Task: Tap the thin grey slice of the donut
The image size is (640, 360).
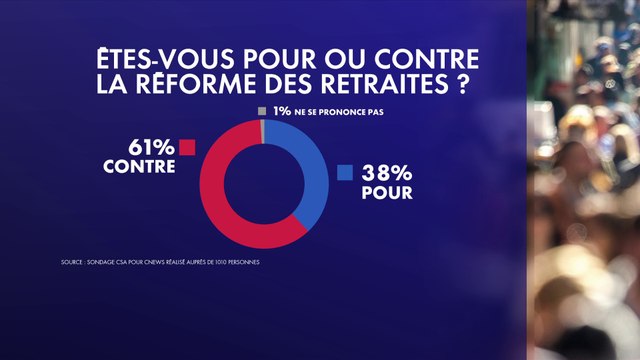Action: (262, 128)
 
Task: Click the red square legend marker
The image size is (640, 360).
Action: (187, 148)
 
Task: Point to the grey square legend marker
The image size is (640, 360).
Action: (262, 111)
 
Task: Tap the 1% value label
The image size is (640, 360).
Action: (279, 111)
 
